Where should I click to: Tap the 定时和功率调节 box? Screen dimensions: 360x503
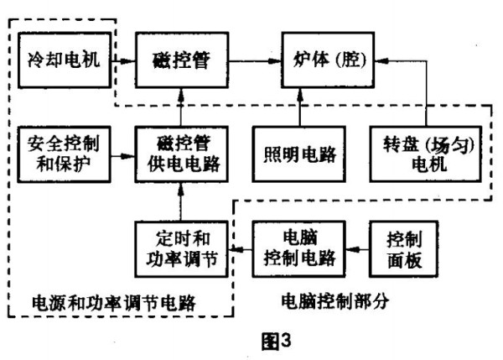(181, 248)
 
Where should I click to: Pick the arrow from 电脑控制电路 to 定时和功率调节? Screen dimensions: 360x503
(239, 248)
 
